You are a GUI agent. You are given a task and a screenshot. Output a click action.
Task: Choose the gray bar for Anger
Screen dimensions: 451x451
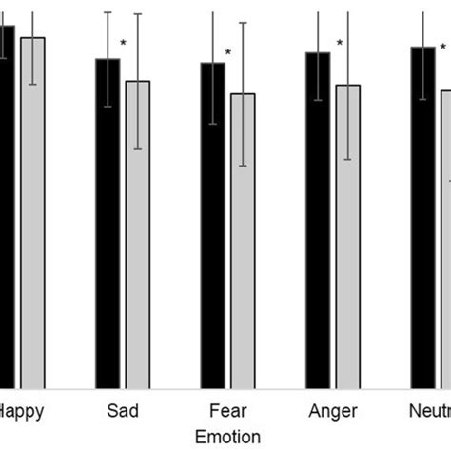pyautogui.click(x=348, y=238)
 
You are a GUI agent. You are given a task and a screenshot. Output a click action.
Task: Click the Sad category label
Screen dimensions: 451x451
pyautogui.click(x=123, y=411)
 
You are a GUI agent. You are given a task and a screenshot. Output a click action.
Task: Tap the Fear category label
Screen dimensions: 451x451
pyautogui.click(x=227, y=411)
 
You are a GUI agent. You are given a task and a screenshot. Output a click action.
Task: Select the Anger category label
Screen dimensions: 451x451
pyautogui.click(x=333, y=411)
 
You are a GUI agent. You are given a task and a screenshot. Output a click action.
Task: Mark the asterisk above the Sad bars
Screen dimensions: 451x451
pyautogui.click(x=124, y=43)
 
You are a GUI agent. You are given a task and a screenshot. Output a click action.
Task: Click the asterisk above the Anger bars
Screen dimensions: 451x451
pyautogui.click(x=339, y=43)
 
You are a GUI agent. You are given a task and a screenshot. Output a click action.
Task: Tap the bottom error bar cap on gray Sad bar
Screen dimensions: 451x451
pyautogui.click(x=138, y=149)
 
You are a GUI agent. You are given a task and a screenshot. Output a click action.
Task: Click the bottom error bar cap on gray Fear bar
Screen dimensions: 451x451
pyautogui.click(x=243, y=166)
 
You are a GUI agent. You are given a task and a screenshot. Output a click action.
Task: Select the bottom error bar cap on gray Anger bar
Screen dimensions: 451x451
pyautogui.click(x=348, y=159)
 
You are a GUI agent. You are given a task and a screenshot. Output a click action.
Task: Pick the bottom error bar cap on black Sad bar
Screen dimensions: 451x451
pyautogui.click(x=108, y=107)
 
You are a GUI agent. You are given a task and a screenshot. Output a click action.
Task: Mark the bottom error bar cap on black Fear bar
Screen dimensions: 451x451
pyautogui.click(x=212, y=124)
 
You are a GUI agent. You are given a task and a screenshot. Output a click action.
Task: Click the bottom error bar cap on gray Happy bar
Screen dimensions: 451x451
pyautogui.click(x=33, y=85)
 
